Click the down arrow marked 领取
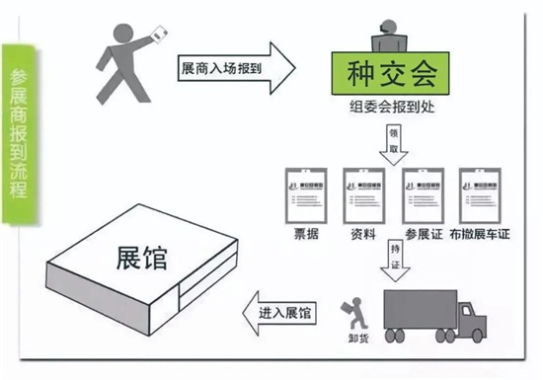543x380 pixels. pos(394,144)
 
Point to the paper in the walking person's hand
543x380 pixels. pos(156,35)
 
